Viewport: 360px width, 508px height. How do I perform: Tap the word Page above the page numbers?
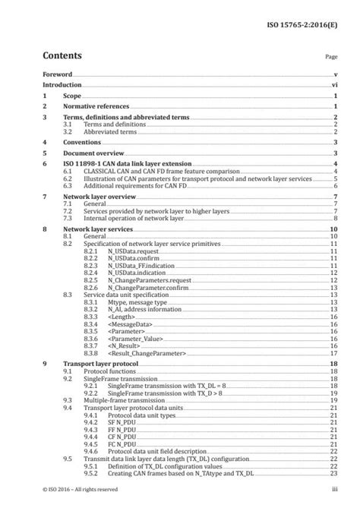330,57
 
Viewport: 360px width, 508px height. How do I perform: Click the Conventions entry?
84,142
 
